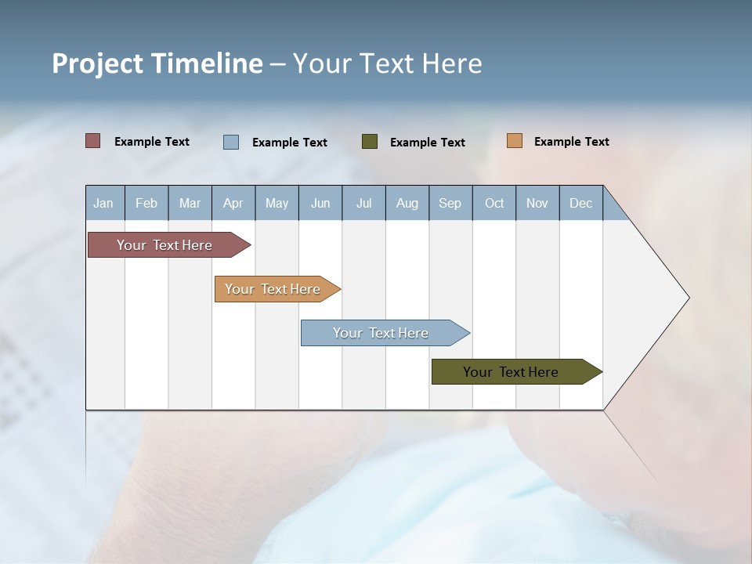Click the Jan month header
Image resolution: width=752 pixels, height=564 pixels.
coord(104,203)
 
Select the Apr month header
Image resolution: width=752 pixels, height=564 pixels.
coord(233,203)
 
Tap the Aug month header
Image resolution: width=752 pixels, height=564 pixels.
coord(407,203)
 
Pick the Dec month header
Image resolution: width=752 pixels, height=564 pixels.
coord(581,203)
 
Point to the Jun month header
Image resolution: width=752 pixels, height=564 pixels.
coord(320,203)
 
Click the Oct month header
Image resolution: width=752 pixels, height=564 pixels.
coord(494,203)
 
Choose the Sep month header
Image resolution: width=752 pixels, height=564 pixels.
coord(450,203)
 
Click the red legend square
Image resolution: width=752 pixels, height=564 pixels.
coord(92,141)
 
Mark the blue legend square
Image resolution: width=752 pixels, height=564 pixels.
coord(230,142)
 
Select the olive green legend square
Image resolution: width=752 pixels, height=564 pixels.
coord(369,141)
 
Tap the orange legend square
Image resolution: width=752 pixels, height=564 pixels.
coord(514,141)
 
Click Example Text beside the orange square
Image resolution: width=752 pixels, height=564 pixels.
coord(571,142)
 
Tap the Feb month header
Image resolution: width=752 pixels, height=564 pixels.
coord(146,203)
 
